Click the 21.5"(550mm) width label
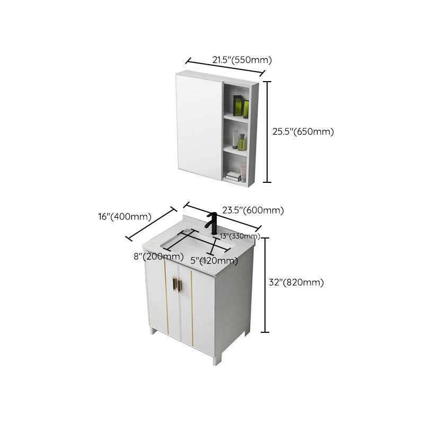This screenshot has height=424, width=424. click(242, 60)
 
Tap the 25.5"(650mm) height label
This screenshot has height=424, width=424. click(303, 132)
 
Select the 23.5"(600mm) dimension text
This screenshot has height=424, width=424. click(253, 210)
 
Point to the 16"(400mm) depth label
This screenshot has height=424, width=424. click(125, 217)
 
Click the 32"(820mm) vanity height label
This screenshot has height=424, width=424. click(296, 282)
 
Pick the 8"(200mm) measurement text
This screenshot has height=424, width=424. click(158, 257)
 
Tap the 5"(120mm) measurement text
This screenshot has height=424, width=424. click(214, 261)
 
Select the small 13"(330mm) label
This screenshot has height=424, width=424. click(240, 236)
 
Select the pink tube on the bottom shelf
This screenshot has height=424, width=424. click(244, 171)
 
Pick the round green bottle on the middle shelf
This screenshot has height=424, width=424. click(243, 143)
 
